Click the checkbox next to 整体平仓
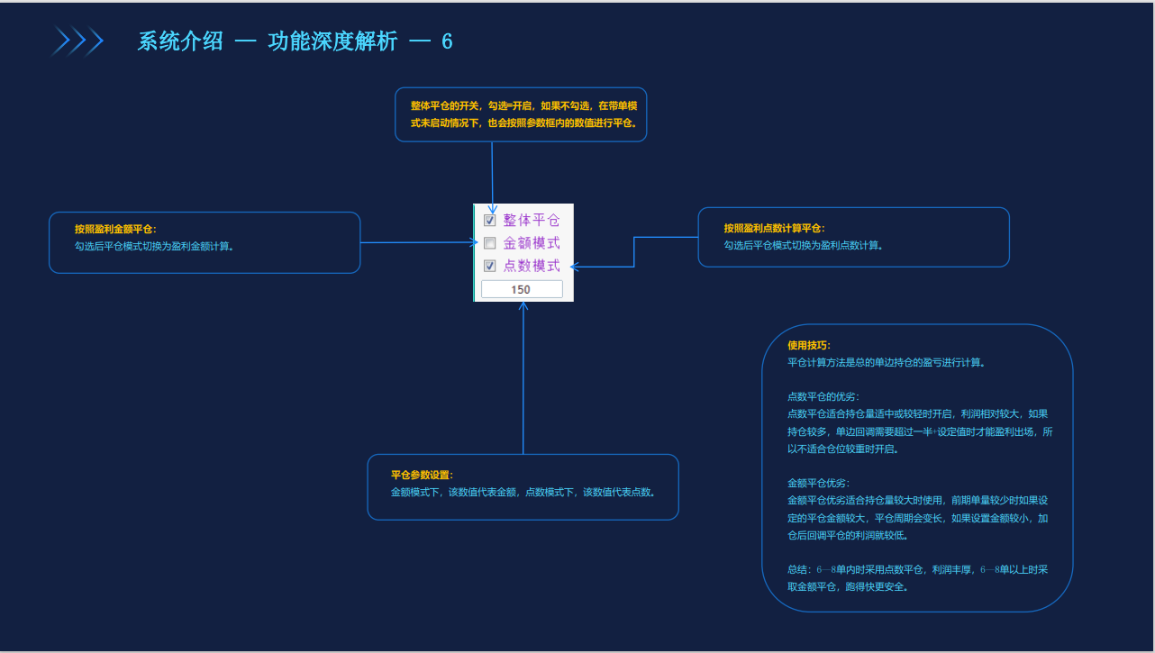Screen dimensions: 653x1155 click(x=490, y=221)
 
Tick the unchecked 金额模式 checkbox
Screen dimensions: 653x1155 click(x=490, y=243)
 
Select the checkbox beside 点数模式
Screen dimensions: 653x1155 click(x=490, y=266)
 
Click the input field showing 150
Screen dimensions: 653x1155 click(x=522, y=289)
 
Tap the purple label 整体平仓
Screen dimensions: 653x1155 click(x=531, y=221)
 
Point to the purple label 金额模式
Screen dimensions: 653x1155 click(x=531, y=243)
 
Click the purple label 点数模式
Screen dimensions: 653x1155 click(x=531, y=266)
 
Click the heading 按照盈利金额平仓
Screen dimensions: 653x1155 click(x=115, y=229)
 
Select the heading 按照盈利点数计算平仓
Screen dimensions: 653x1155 click(x=774, y=229)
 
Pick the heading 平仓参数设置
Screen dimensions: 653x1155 click(x=422, y=476)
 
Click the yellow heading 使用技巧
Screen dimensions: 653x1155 click(x=808, y=345)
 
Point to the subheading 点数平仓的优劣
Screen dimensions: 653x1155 click(x=823, y=396)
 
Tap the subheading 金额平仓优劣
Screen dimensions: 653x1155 click(x=818, y=483)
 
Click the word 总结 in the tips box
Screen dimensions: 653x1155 click(x=797, y=569)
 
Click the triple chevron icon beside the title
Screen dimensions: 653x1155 click(x=77, y=41)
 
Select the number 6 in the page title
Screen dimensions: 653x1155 click(x=447, y=41)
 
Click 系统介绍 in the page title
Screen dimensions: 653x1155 click(x=180, y=41)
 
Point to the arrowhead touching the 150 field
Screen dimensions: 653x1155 click(x=523, y=306)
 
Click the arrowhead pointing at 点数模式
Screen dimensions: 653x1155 click(x=575, y=267)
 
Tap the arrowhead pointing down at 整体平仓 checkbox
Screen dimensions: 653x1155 click(x=492, y=208)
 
